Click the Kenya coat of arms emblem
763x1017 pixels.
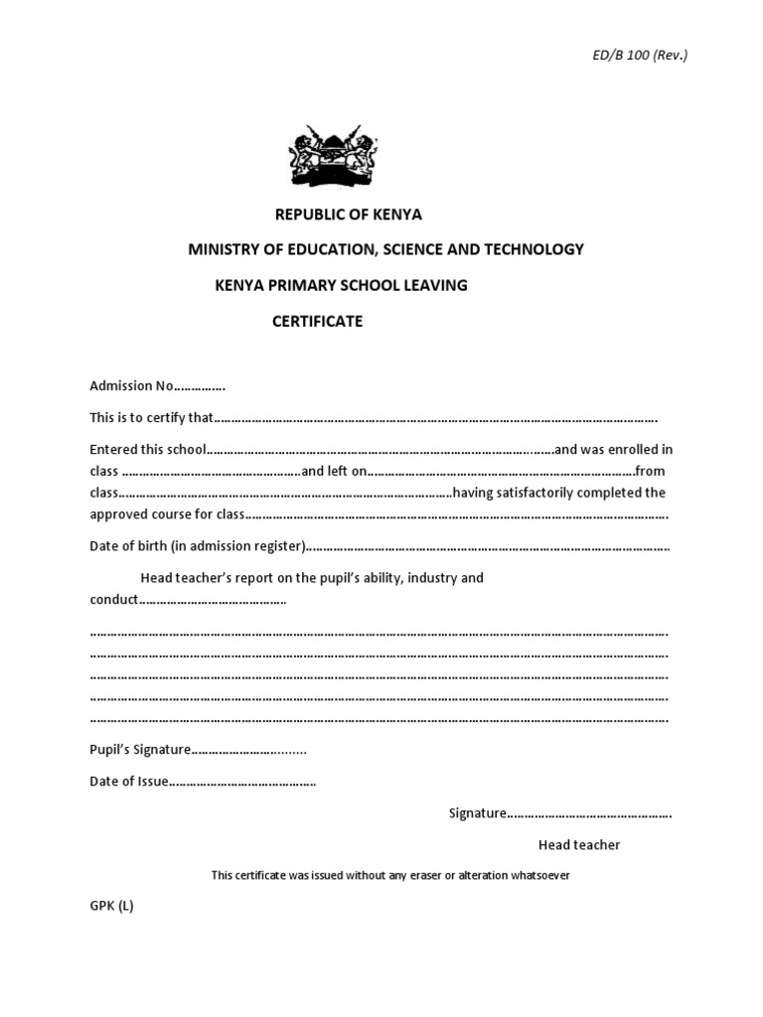tap(334, 156)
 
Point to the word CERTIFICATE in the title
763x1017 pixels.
tap(318, 321)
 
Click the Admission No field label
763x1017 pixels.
tap(132, 385)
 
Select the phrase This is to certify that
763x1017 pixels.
tap(151, 417)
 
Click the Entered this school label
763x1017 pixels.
tap(148, 449)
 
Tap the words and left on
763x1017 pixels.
tap(335, 471)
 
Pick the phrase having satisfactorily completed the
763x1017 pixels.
tap(559, 493)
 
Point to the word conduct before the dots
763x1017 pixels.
tap(114, 600)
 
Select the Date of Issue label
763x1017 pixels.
tap(129, 782)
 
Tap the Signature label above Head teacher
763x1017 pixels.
tap(478, 813)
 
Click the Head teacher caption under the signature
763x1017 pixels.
tap(579, 845)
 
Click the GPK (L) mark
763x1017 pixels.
tap(111, 907)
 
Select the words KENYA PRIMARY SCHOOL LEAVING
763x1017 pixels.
tap(341, 285)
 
